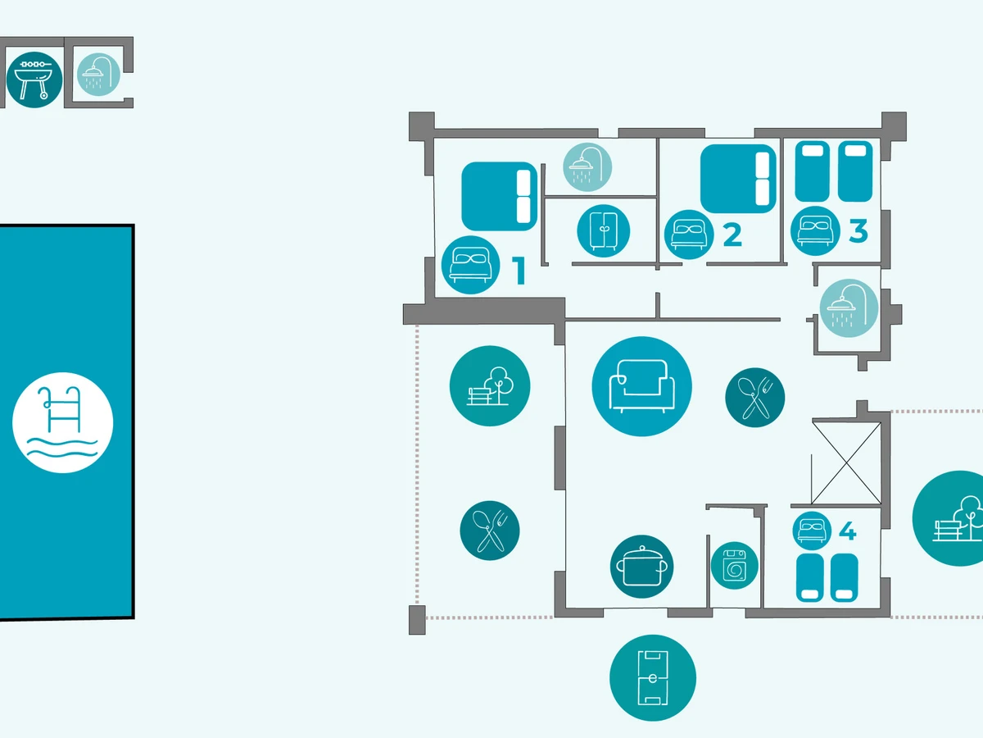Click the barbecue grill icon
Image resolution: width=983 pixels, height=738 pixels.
[x=34, y=79]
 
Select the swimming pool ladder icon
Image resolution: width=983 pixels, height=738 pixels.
[x=62, y=422]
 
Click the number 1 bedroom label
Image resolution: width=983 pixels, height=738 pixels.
[x=519, y=271]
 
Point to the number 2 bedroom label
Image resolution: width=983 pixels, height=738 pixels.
[x=732, y=235]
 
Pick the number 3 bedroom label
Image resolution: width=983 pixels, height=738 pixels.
[x=858, y=231]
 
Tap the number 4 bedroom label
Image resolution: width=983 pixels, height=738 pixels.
[x=847, y=533]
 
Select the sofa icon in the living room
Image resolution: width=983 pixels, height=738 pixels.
[x=641, y=386]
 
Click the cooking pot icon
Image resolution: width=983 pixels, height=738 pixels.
[x=641, y=567]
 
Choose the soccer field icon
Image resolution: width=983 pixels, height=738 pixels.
[x=652, y=678]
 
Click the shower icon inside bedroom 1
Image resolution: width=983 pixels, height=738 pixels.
[x=587, y=168]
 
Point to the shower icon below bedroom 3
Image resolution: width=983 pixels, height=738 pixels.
[x=849, y=308]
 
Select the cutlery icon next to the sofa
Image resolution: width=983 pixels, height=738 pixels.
[x=754, y=397]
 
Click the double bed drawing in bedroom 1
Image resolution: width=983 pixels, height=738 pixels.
[x=500, y=196]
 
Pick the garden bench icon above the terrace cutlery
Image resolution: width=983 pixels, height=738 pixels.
[x=490, y=386]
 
